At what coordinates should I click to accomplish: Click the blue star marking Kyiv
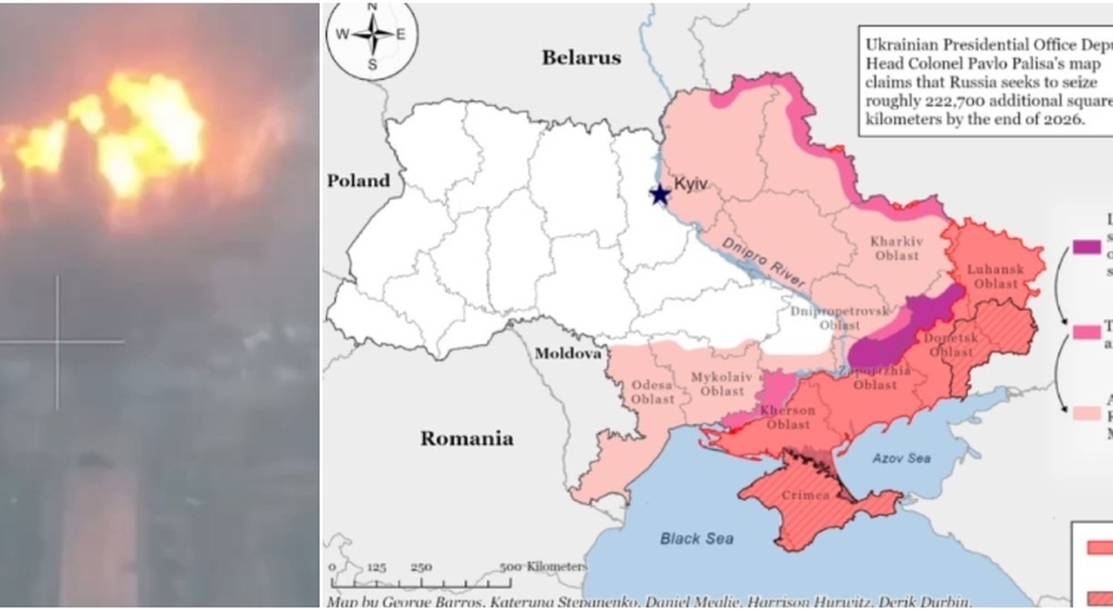(660, 193)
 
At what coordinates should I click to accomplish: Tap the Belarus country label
(582, 58)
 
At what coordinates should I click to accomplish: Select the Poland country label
(358, 181)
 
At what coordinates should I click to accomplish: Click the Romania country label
(466, 438)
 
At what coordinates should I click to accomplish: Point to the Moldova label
(568, 354)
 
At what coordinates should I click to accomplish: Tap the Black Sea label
(696, 539)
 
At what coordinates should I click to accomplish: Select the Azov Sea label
(901, 457)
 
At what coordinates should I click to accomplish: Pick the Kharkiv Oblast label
(896, 249)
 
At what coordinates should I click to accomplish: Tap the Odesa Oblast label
(652, 392)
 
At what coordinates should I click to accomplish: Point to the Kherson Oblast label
(788, 417)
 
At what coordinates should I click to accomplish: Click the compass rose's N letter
(372, 6)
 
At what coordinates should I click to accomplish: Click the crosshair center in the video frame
(58, 341)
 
